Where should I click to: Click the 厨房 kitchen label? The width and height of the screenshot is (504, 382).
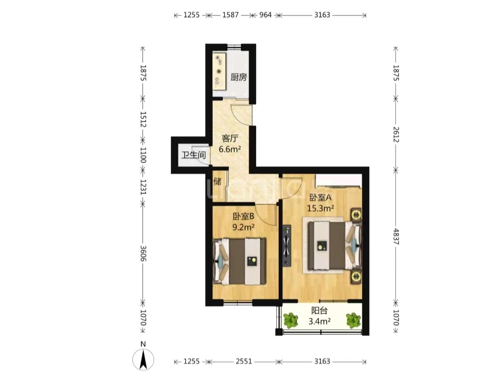(x=239, y=77)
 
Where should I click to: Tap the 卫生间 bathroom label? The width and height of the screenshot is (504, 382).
(x=194, y=155)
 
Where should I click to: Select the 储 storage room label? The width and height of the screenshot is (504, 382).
(x=217, y=181)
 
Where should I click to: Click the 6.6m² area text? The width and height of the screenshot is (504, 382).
(x=230, y=149)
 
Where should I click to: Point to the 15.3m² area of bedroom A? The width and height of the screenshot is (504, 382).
(x=321, y=208)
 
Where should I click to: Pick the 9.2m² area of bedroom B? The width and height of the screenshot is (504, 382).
(x=243, y=227)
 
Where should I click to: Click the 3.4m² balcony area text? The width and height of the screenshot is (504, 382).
(x=320, y=321)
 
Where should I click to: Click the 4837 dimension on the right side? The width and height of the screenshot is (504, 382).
(x=396, y=237)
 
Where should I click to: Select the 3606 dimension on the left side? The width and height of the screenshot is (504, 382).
(x=143, y=253)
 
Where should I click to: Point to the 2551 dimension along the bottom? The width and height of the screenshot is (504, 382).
(x=244, y=361)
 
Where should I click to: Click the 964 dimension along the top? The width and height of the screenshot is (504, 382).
(x=266, y=15)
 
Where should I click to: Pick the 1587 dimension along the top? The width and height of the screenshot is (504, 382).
(x=231, y=15)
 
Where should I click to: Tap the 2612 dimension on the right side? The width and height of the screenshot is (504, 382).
(x=396, y=135)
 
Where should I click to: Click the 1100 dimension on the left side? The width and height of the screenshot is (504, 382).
(x=143, y=155)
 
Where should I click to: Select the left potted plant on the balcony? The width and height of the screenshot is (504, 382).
(x=291, y=320)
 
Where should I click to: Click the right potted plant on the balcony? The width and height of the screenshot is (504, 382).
(x=353, y=320)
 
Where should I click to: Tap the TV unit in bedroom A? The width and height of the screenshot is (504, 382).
(x=287, y=245)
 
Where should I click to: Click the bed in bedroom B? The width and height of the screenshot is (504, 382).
(x=239, y=261)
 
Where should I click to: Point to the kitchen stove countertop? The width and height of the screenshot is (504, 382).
(x=219, y=71)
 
